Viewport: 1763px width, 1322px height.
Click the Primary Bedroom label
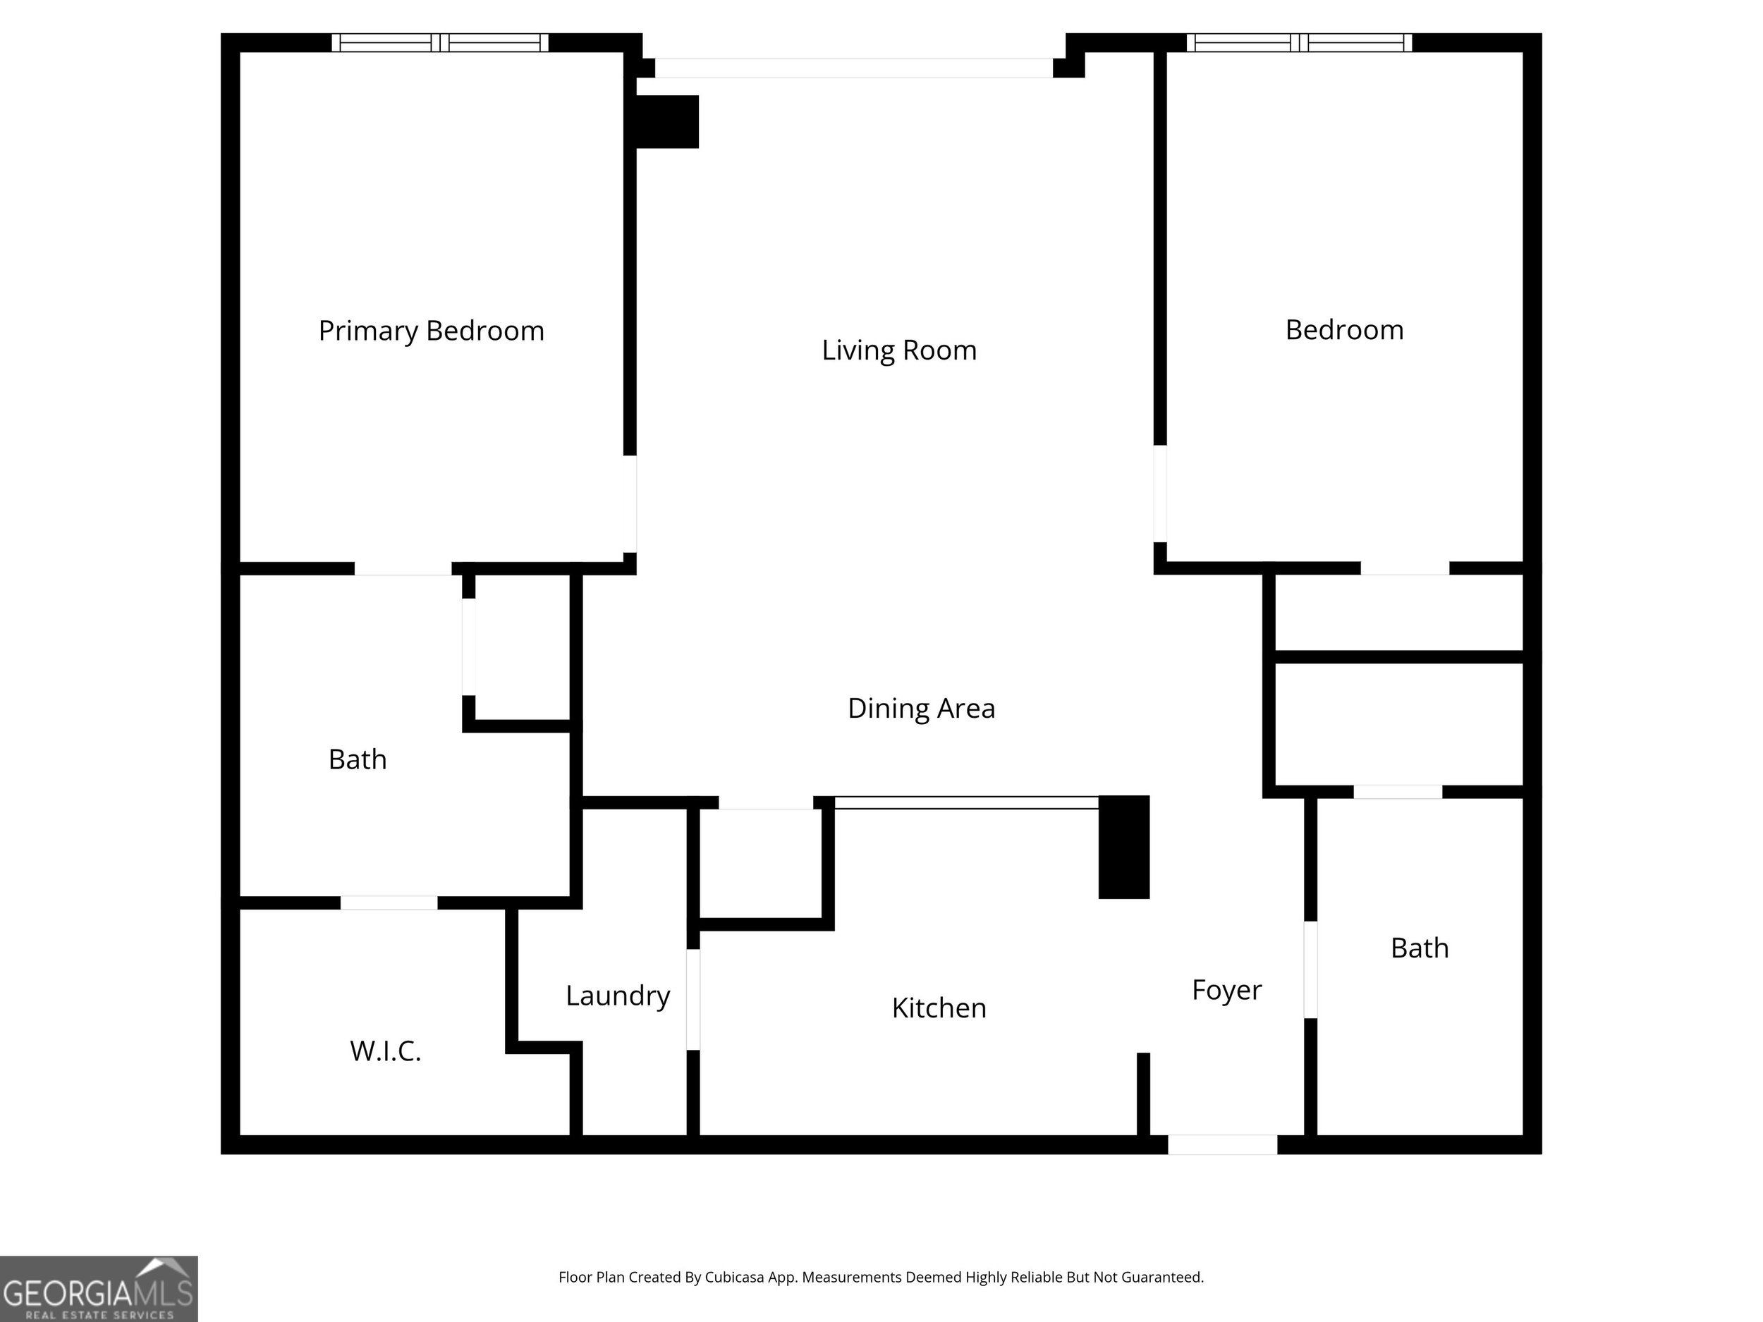click(431, 331)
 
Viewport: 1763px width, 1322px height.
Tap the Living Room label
click(899, 350)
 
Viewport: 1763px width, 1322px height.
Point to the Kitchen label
click(939, 1008)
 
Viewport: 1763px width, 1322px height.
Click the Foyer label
click(1226, 990)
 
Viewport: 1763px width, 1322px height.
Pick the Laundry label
click(618, 996)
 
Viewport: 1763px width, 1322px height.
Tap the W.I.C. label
click(385, 1051)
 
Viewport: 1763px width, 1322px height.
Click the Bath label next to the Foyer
click(1420, 948)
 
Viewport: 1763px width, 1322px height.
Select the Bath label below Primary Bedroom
click(357, 759)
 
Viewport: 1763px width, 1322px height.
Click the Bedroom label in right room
click(1344, 330)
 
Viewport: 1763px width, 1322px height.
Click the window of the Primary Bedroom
click(440, 43)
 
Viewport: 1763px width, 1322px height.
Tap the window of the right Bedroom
click(1299, 43)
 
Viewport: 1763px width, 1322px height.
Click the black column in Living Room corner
click(667, 121)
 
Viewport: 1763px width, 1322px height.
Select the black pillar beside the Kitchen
click(1124, 847)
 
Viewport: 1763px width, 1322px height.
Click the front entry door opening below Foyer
click(1222, 1144)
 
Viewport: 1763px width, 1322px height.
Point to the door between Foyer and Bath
click(1310, 969)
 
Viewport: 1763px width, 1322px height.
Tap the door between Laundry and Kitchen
click(693, 999)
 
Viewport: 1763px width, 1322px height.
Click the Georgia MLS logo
click(98, 1289)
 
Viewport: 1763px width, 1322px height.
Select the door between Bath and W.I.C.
click(389, 903)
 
